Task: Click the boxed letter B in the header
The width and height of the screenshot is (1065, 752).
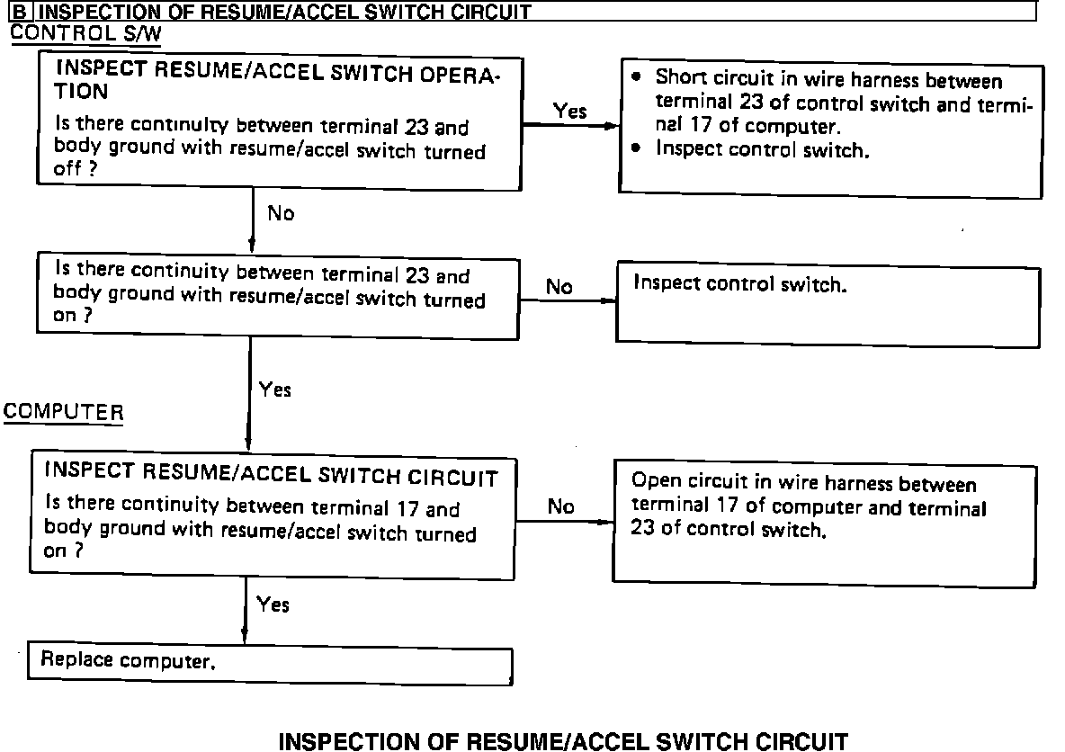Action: (19, 13)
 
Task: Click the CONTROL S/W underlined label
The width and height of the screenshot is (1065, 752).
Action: (86, 33)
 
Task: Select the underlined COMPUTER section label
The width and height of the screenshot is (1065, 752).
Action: (63, 412)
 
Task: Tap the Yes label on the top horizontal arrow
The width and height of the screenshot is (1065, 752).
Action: (569, 112)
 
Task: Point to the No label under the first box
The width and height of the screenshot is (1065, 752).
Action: (281, 214)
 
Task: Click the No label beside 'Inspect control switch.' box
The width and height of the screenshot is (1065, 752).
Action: (559, 287)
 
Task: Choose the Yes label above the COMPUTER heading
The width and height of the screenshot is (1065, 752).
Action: (275, 389)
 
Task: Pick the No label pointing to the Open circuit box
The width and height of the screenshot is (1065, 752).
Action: (560, 506)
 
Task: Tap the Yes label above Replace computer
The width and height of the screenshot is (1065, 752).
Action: (273, 604)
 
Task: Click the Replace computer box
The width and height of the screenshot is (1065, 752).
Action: (270, 664)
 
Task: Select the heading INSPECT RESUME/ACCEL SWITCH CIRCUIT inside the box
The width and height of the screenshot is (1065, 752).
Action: (271, 476)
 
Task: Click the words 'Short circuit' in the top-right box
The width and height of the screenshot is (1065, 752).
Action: (696, 80)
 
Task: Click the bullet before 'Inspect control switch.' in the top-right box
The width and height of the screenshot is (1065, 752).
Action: (637, 148)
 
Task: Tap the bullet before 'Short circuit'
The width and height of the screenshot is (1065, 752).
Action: (637, 77)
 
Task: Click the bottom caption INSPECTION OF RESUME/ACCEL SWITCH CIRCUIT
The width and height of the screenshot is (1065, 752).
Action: (563, 741)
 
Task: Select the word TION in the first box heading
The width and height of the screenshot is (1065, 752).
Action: (82, 91)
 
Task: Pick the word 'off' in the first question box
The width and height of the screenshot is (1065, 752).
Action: (68, 170)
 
